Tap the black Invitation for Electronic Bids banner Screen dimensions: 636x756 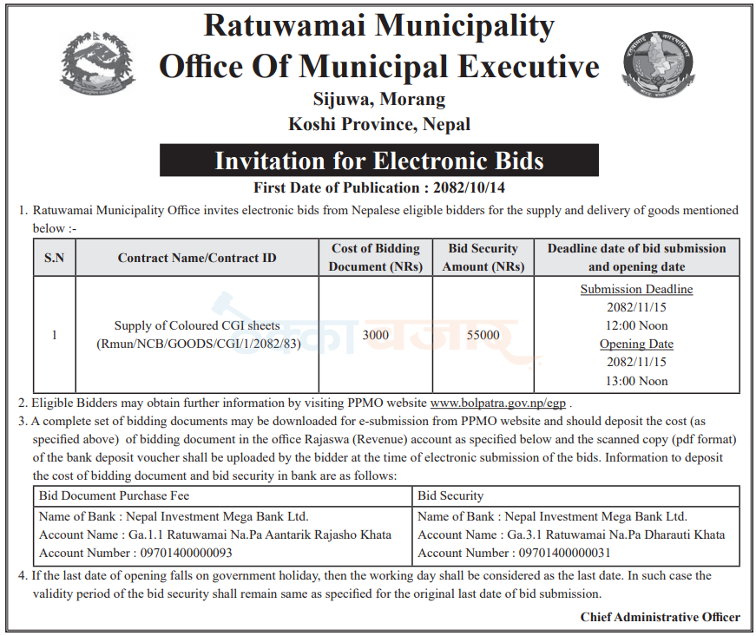pos(379,161)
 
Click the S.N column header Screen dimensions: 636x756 pos(54,258)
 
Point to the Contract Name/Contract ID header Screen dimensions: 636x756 pos(197,258)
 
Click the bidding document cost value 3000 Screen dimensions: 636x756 pos(375,335)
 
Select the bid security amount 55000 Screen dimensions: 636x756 pos(483,335)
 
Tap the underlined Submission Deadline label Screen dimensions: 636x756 pos(636,289)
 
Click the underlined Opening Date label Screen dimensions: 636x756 pos(636,344)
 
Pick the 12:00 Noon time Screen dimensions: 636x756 pos(636,325)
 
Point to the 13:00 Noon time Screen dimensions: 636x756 pos(636,381)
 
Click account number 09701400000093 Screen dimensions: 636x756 pos(178,553)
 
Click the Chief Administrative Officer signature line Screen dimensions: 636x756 pos(660,617)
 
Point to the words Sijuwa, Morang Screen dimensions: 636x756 pos(379,99)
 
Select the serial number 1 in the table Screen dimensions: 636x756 pos(54,335)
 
